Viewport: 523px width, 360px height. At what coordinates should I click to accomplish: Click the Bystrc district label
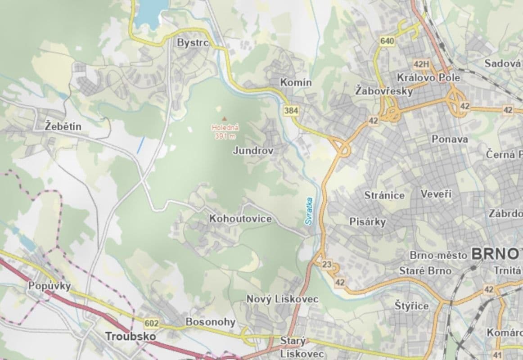[x=193, y=43]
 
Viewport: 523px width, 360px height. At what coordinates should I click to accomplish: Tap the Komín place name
[x=296, y=82]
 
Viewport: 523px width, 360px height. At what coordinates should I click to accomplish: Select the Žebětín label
[x=63, y=126]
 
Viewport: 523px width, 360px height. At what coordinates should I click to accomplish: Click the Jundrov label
[x=253, y=151]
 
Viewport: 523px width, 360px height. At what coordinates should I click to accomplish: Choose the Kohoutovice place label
[x=240, y=219]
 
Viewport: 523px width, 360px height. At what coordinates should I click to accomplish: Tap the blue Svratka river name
[x=308, y=211]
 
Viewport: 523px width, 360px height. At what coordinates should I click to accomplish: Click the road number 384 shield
[x=291, y=110]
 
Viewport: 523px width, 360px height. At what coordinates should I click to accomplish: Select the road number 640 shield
[x=387, y=41]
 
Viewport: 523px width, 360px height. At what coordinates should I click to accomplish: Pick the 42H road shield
[x=421, y=64]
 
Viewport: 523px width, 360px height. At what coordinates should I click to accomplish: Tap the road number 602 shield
[x=152, y=323]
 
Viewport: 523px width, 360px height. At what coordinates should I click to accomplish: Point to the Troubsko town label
[x=131, y=336]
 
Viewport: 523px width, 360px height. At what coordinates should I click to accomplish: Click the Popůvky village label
[x=50, y=286]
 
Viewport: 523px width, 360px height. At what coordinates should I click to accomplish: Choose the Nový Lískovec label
[x=283, y=299]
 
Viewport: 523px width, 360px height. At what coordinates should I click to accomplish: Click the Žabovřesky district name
[x=384, y=91]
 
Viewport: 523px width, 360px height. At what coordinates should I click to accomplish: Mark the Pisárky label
[x=368, y=221]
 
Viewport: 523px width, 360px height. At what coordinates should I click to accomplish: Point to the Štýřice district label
[x=412, y=306]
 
